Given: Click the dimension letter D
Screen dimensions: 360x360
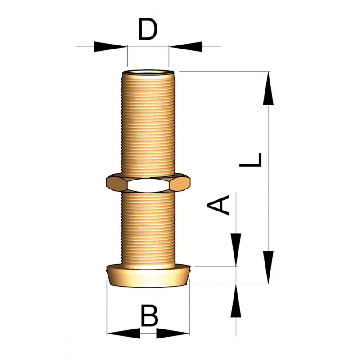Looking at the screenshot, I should point(148,30).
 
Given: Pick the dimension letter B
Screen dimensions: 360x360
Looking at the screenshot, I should point(149,315).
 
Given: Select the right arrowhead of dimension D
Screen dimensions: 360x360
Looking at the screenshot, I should point(186,46).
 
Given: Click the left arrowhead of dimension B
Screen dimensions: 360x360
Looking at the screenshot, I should point(124,333).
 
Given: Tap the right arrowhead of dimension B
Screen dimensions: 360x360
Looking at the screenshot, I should point(173,333).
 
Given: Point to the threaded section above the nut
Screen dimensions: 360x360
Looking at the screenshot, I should point(148,121).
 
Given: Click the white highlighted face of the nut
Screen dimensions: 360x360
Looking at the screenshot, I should point(148,184).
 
